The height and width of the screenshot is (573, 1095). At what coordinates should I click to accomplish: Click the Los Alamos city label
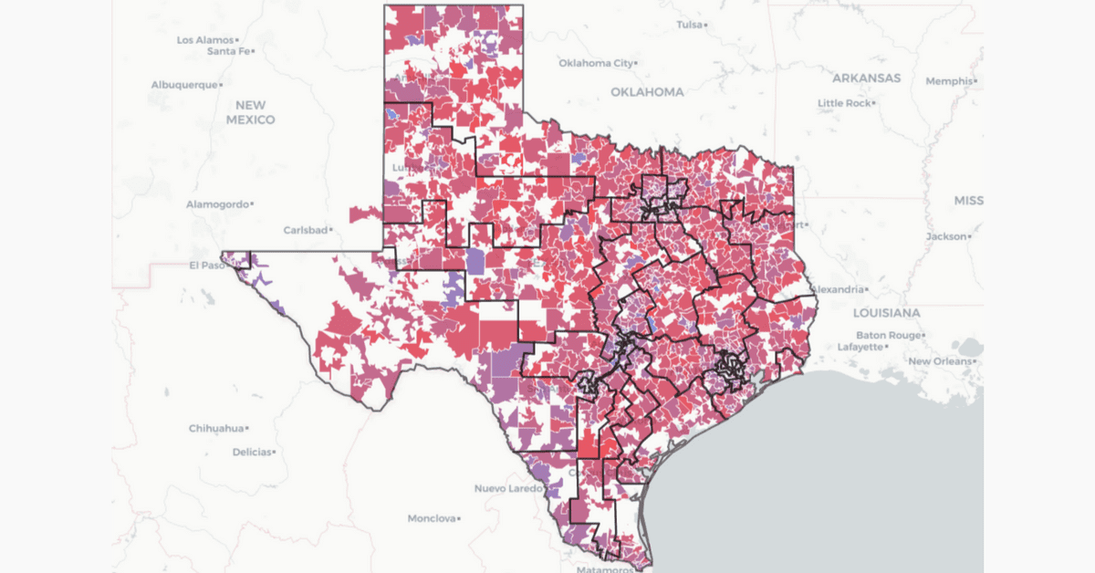click(205, 40)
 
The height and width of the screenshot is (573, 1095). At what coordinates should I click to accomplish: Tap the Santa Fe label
click(228, 51)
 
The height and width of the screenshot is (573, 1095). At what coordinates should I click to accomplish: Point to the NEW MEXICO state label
click(250, 112)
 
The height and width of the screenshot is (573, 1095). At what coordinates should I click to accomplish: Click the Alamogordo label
click(216, 204)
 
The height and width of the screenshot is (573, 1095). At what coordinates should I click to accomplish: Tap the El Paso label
click(205, 266)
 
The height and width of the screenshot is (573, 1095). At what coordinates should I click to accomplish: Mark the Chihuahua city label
click(216, 428)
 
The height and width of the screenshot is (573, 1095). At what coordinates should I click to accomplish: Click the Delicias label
click(252, 452)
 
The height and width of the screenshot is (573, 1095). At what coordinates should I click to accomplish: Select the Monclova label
click(431, 518)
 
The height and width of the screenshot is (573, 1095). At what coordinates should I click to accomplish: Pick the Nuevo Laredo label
click(508, 489)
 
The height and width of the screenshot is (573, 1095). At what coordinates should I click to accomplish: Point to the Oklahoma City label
click(595, 64)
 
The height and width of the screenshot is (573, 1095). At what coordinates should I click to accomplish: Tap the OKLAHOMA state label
click(647, 92)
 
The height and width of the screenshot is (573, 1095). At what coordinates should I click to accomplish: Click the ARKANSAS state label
click(866, 78)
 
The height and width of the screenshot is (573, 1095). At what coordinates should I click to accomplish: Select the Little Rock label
click(844, 103)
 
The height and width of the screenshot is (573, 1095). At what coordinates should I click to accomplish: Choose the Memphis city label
click(950, 81)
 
